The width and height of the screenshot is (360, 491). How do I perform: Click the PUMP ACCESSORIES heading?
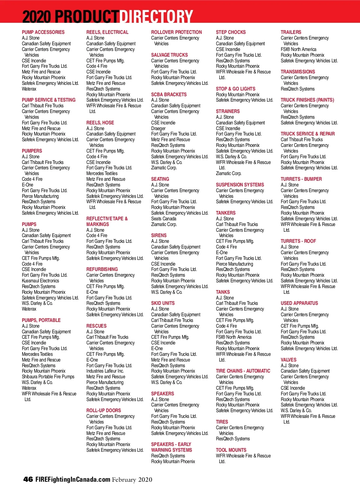click(x=43, y=32)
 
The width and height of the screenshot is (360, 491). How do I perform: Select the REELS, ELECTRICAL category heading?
click(x=107, y=32)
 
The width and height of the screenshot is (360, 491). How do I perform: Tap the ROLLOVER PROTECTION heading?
click(x=176, y=32)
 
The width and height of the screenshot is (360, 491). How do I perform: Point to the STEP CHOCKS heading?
click(x=231, y=32)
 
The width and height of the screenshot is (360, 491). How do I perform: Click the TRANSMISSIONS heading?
click(x=298, y=72)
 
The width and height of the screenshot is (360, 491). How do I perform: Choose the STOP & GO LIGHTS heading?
click(x=235, y=89)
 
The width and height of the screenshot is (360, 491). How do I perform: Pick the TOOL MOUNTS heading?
click(x=231, y=450)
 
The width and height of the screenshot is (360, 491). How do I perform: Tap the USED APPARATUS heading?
click(x=299, y=303)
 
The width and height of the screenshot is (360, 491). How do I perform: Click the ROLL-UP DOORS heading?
click(x=103, y=410)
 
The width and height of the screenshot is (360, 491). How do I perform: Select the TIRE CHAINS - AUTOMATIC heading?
click(x=243, y=371)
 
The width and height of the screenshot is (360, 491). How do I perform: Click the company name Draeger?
click(x=158, y=128)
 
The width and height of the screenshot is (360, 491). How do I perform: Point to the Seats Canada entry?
click(x=163, y=219)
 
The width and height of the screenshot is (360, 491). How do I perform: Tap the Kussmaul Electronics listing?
click(x=40, y=281)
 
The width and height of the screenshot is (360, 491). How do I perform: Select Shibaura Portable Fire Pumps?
click(x=48, y=376)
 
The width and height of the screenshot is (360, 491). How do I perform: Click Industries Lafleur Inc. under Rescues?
click(x=105, y=371)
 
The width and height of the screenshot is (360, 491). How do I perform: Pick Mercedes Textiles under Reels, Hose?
click(x=102, y=173)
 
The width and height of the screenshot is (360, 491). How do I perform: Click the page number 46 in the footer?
click(x=28, y=479)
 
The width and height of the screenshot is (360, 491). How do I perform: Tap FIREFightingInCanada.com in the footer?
click(x=73, y=479)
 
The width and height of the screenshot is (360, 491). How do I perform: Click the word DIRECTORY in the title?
click(x=156, y=16)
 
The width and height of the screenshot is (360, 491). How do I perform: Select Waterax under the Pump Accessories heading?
click(x=29, y=89)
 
